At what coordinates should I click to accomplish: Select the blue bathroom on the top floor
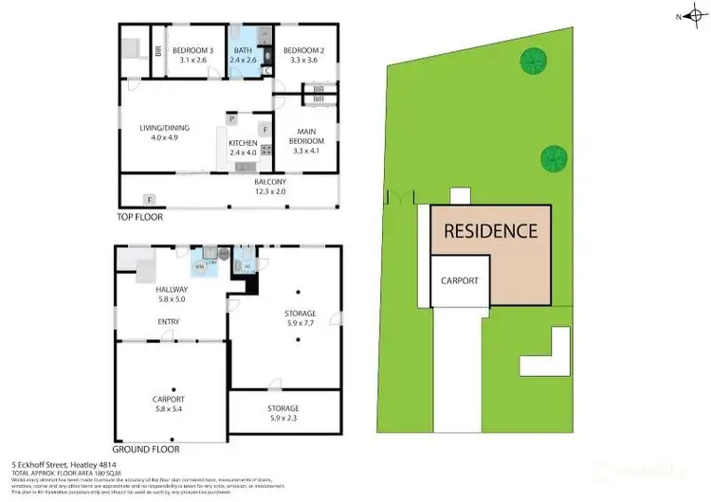point(242,55)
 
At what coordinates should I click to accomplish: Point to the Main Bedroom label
point(309,136)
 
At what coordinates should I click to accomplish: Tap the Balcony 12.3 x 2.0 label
point(270,186)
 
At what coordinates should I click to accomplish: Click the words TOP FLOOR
point(139,217)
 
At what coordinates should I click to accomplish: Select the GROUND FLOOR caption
point(147,449)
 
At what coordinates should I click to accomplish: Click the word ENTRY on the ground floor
point(172,321)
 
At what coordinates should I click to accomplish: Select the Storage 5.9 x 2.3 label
point(283,412)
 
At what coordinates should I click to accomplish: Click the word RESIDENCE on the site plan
point(491,230)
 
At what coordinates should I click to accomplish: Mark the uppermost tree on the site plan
point(533,62)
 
